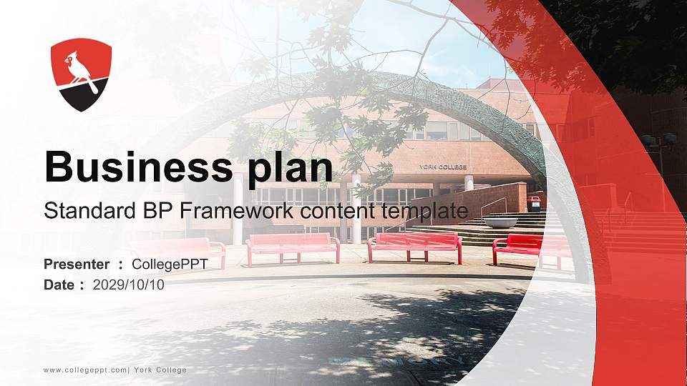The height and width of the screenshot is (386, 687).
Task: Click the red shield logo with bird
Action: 81,74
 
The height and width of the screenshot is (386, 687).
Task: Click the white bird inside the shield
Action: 79,69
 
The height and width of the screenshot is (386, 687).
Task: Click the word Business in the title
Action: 133,167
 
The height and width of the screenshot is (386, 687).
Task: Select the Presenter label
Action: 77,264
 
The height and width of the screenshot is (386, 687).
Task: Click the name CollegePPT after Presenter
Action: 170,264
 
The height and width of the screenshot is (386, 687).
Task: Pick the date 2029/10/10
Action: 129,284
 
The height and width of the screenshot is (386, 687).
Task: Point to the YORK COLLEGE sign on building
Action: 443,167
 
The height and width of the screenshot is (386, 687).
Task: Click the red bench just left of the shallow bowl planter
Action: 415,245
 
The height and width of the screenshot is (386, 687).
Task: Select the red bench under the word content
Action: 293,247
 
